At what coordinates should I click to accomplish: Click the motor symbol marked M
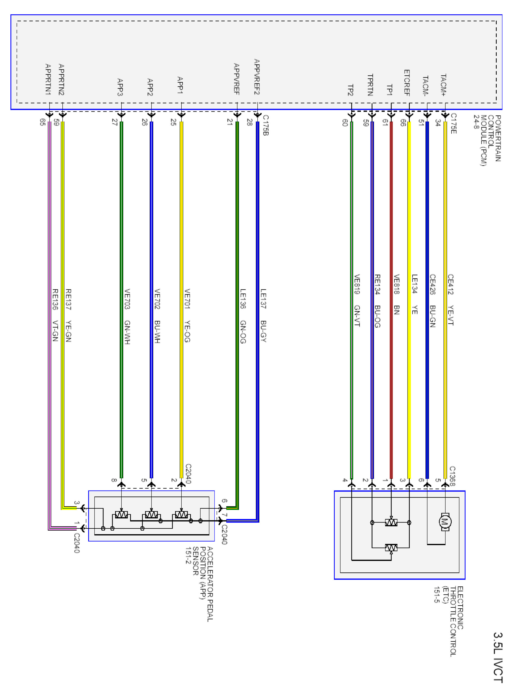[x=445, y=522]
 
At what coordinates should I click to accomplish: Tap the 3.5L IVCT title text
[x=498, y=657]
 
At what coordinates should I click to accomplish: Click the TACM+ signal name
[x=443, y=85]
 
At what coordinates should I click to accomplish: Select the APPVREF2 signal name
[x=257, y=77]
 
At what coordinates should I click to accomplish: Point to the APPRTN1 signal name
[x=48, y=79]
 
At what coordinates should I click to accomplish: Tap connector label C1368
[x=452, y=476]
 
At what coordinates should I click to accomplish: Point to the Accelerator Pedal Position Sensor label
[x=199, y=583]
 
